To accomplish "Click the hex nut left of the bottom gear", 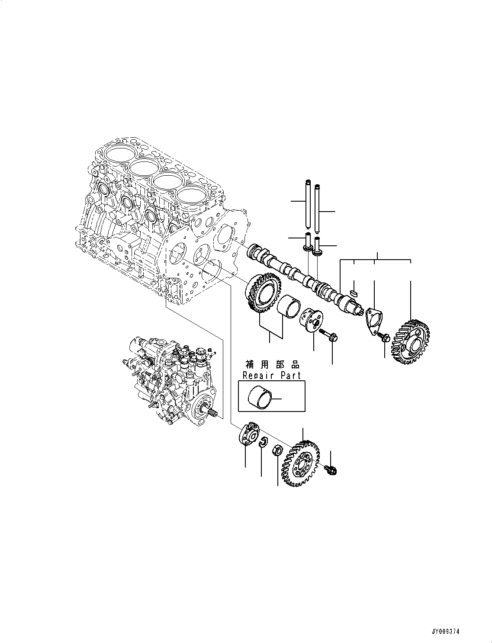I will (x=278, y=451).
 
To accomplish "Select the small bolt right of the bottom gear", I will (x=332, y=469).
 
